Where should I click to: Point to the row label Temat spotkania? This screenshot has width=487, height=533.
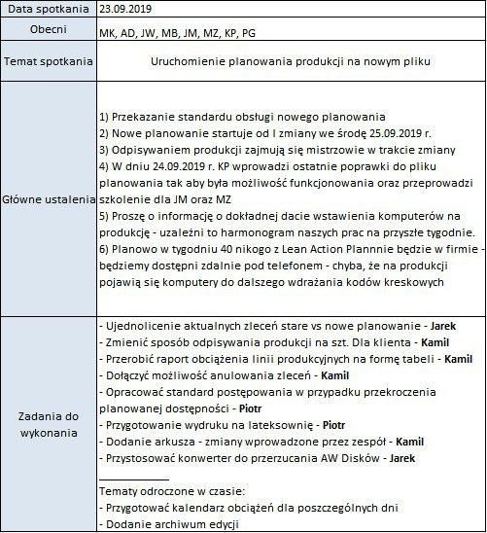point(50,61)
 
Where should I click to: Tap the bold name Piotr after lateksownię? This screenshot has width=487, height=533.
point(333,424)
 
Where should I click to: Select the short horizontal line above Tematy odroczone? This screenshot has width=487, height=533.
point(134,479)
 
